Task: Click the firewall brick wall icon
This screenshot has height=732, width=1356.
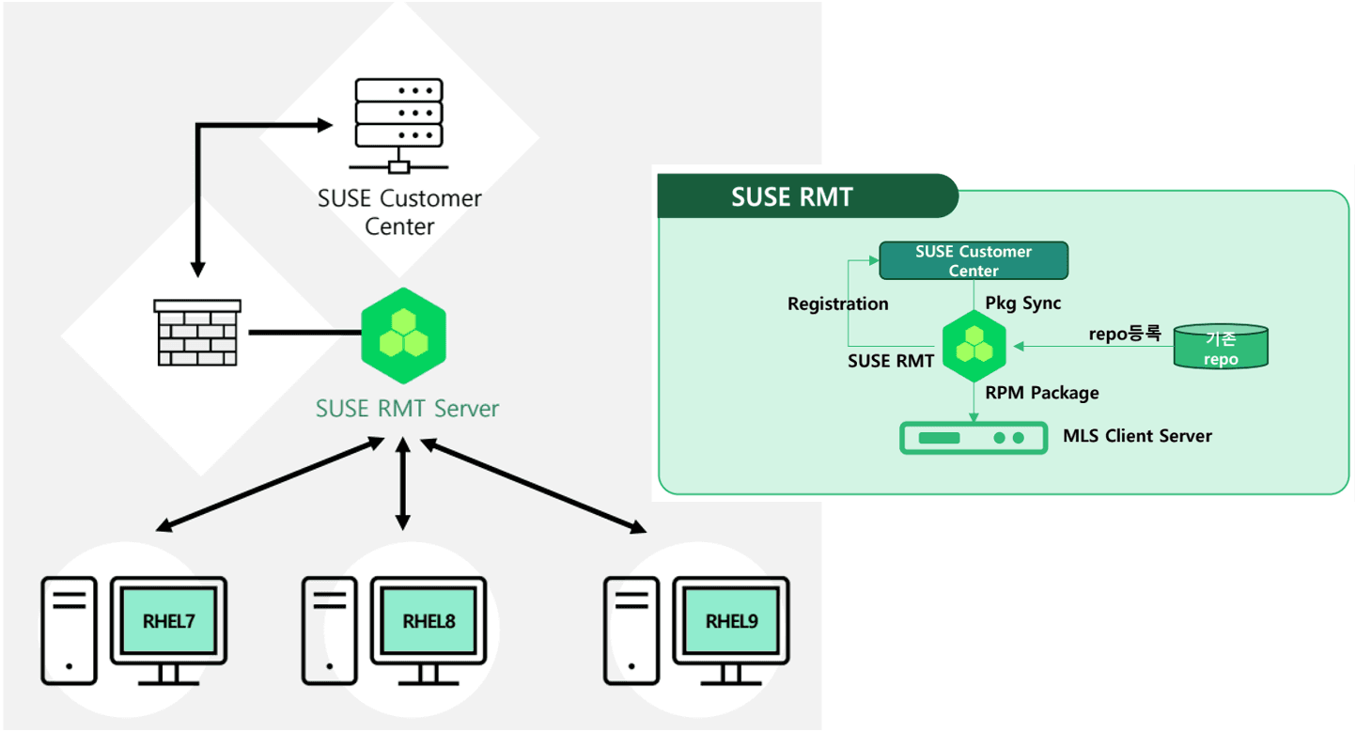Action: coord(197,333)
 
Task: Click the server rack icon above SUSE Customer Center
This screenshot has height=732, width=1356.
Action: coord(399,125)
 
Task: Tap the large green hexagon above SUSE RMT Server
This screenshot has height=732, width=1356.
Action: coord(404,336)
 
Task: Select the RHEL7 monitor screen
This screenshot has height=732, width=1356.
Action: coord(169,620)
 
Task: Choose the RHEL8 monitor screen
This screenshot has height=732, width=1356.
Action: coord(429,620)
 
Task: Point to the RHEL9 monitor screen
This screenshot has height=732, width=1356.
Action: coord(731,620)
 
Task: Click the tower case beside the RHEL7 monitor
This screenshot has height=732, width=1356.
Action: coord(69,631)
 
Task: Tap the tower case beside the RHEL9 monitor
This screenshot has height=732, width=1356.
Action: coord(631,631)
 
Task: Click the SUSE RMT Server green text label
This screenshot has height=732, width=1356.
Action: coord(408,409)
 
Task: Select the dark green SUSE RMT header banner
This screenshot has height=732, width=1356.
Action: coord(807,196)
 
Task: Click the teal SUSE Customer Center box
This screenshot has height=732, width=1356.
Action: coord(974,260)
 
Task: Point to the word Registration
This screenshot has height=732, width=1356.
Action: coord(838,304)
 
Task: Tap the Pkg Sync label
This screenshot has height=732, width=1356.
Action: coord(1023,303)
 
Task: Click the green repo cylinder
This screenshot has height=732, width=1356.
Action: coord(1221,347)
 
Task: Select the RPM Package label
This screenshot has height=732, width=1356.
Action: coord(1042,393)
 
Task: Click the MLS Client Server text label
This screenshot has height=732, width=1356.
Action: coord(1137,436)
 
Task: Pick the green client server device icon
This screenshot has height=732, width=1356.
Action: coord(974,438)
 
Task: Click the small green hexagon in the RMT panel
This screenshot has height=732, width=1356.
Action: coord(974,347)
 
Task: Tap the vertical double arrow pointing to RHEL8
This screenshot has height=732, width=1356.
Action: coord(403,484)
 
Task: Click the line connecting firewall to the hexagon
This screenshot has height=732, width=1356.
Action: coord(305,333)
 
